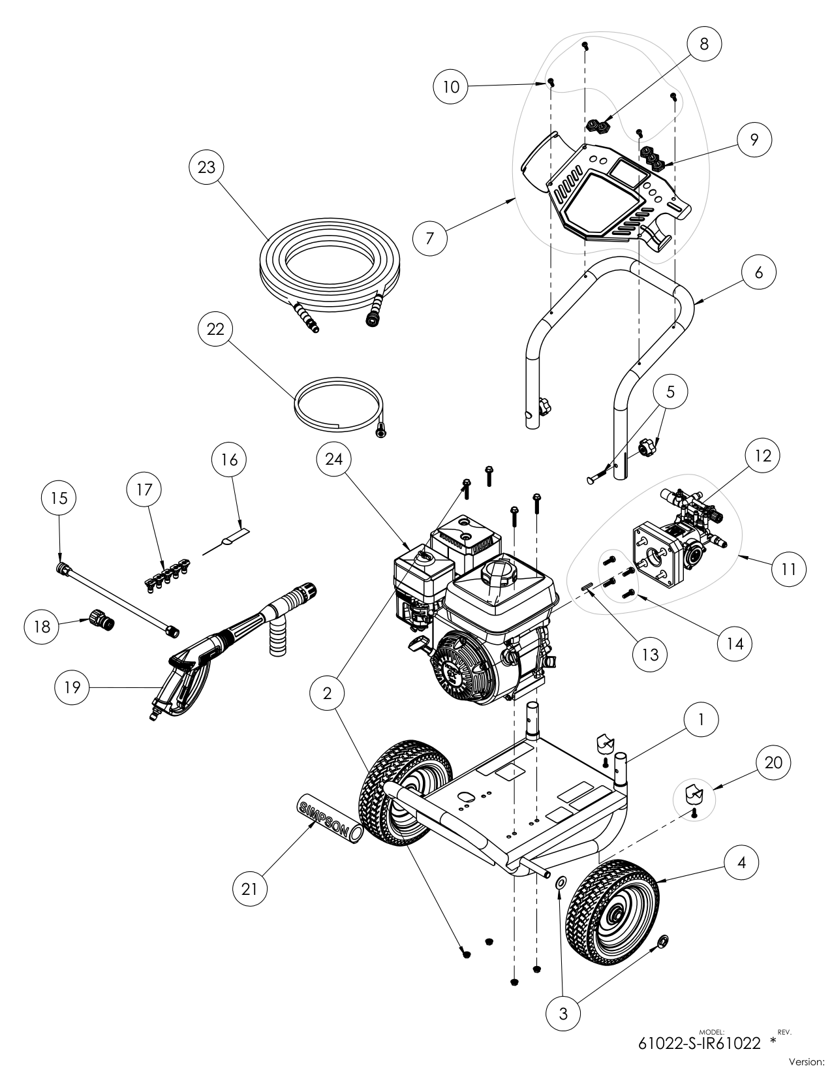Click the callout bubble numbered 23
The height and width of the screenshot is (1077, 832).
coord(206,167)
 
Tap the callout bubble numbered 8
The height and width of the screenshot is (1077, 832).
coord(704,44)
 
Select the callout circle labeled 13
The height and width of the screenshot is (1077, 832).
coord(649,654)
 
